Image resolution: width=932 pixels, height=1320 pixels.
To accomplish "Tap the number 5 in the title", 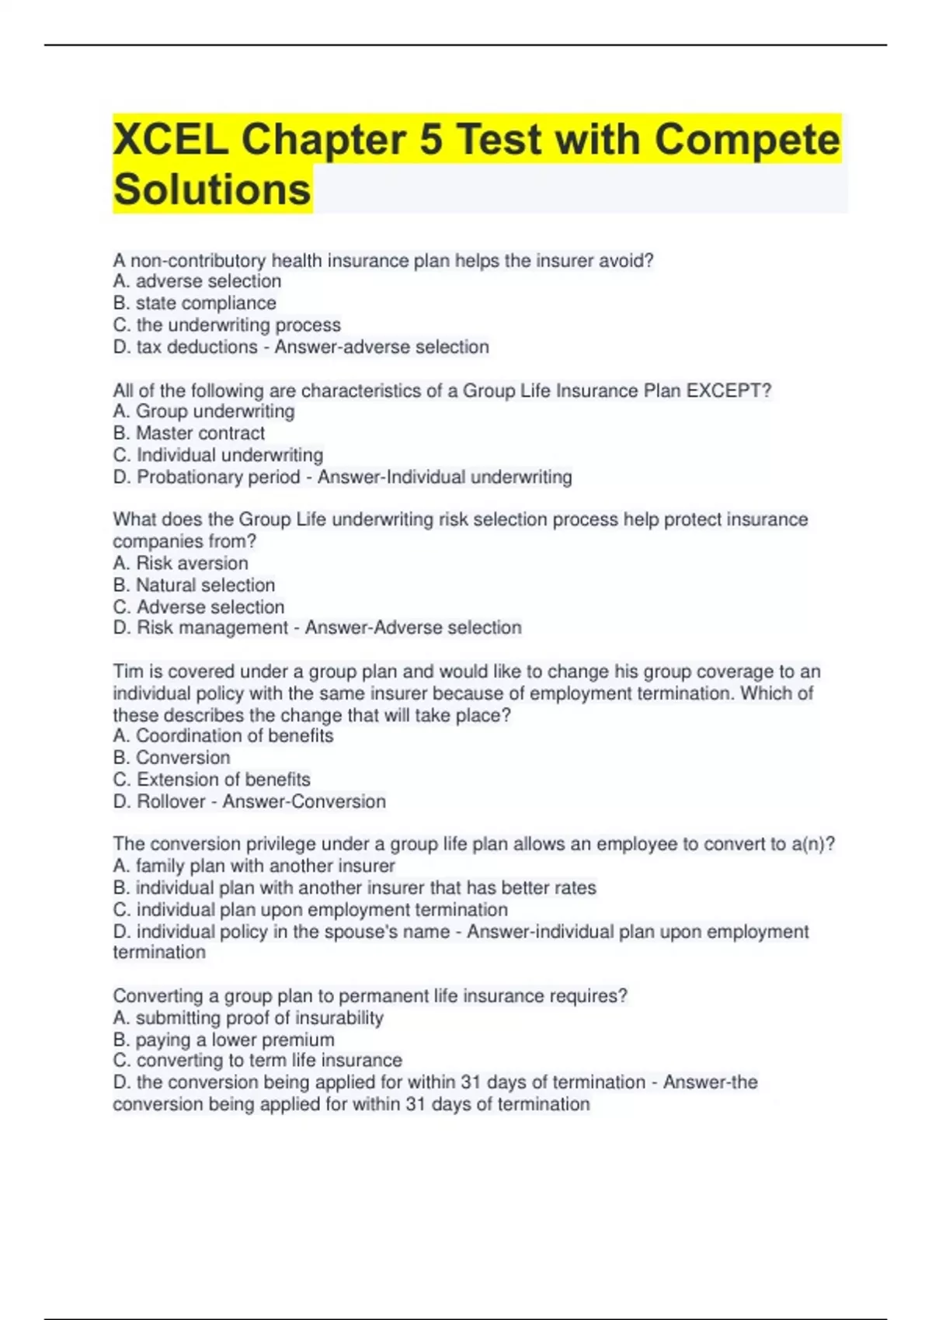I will (430, 140).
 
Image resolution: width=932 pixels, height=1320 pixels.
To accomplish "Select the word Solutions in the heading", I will (212, 189).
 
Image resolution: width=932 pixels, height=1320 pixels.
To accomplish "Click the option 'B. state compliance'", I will (194, 303).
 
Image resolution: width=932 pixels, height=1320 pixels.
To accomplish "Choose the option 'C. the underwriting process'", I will (227, 325).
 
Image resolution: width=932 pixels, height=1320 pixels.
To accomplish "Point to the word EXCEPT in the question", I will (725, 391).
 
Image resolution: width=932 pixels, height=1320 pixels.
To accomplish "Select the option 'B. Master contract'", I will (189, 433).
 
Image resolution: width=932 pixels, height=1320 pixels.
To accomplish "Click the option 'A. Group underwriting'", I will (203, 412).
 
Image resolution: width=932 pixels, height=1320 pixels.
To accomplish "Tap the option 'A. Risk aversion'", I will (180, 563).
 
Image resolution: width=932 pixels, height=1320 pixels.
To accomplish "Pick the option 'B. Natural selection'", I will (193, 585).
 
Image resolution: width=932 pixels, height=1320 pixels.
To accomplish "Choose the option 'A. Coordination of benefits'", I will (223, 736).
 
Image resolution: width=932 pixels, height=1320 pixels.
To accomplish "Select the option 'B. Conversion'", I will (172, 758).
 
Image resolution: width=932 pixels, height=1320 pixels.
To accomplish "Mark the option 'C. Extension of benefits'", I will (211, 780).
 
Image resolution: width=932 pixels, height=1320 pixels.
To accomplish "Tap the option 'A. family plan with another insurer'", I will (254, 866).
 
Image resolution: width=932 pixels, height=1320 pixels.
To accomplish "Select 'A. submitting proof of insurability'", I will (248, 1018).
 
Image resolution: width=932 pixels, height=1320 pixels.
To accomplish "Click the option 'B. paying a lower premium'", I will (224, 1040).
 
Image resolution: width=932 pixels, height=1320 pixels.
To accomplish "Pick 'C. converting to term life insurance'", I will (257, 1061).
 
